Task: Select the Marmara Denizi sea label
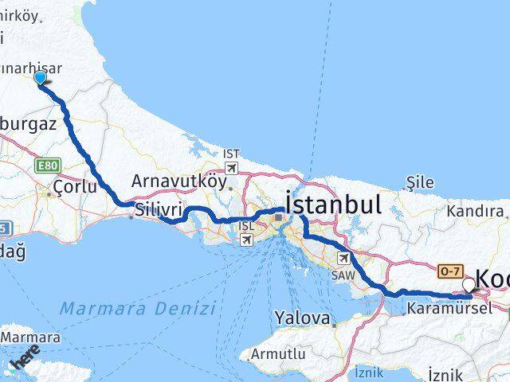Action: pyautogui.click(x=138, y=307)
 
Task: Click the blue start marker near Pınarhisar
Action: pyautogui.click(x=41, y=77)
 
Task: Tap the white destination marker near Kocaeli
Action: pyautogui.click(x=468, y=284)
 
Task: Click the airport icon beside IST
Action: pyautogui.click(x=231, y=168)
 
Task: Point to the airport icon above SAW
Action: pyautogui.click(x=343, y=258)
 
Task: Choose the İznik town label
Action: pyautogui.click(x=445, y=374)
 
